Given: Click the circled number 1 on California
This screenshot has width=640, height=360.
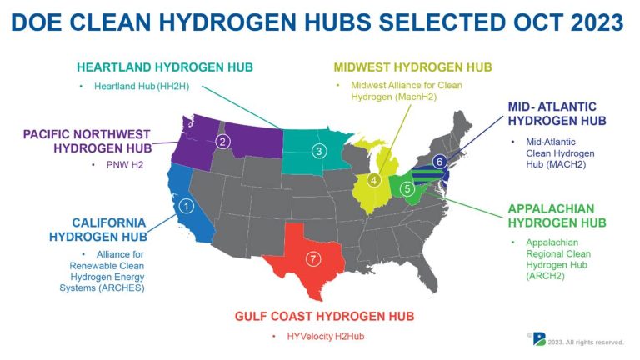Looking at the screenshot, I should click(187, 205).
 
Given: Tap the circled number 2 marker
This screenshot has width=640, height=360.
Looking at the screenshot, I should click(222, 142).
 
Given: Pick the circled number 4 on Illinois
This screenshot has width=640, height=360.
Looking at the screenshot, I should click(374, 180).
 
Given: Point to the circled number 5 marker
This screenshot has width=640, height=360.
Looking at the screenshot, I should click(407, 188).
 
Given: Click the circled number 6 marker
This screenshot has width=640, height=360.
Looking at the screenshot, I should click(440, 162).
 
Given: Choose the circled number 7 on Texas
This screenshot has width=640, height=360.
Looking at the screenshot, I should click(312, 258).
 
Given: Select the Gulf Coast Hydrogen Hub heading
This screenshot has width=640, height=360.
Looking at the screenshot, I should click(324, 317).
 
